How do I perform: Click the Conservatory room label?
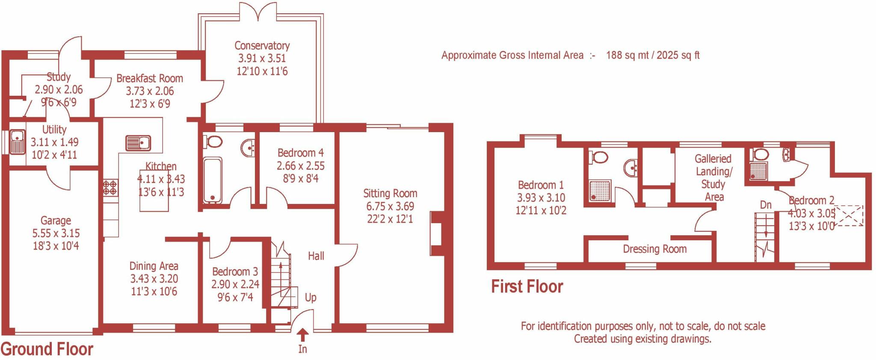coord(262,46)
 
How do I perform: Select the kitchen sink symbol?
coord(138,143)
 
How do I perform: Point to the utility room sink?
coord(18,142)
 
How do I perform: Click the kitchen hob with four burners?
coord(110,187)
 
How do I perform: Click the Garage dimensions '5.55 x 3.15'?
coord(56,233)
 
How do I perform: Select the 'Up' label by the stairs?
coord(311,298)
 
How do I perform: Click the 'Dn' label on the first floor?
coord(766,205)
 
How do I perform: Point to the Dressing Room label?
coord(654,249)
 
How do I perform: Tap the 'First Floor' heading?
coord(527,286)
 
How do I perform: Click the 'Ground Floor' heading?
coord(47,349)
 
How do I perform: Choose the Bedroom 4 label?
coord(300,153)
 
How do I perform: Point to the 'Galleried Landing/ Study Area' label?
coord(713,178)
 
